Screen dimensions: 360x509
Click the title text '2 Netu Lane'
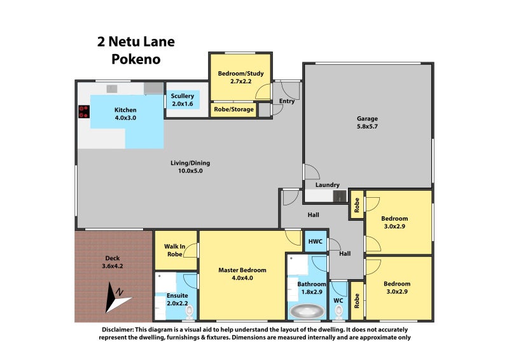pos(136,43)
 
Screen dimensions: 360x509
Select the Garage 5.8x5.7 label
pos(367,122)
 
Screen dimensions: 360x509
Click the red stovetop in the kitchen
pos(83,112)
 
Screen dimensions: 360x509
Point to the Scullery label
pos(182,100)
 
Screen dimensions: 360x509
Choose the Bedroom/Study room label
pos(235,78)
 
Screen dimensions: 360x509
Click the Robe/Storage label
pos(234,109)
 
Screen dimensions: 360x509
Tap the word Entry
pos(286,102)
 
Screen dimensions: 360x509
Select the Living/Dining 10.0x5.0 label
pos(190,167)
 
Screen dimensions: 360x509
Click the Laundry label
pos(327,185)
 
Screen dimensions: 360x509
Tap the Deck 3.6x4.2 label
pos(112,262)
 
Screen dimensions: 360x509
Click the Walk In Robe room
pos(176,250)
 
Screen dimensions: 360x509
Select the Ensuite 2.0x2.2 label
pos(176,299)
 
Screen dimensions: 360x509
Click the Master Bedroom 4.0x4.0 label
pos(242,274)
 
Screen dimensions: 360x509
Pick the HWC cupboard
pos(316,242)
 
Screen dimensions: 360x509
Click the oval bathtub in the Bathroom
pos(307,312)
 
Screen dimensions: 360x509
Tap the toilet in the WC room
pos(338,310)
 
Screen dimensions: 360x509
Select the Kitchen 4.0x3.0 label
pos(125,114)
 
